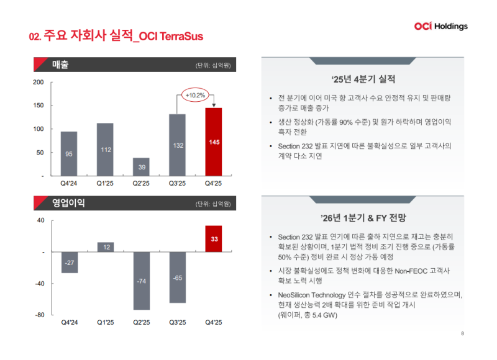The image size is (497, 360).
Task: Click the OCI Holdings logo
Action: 440,26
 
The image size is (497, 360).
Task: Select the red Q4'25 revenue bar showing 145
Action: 213,142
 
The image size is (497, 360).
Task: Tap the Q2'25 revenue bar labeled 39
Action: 141,167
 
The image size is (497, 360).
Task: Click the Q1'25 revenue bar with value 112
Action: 105,150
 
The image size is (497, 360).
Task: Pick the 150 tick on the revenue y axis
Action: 38,106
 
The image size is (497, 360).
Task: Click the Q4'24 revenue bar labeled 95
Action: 69,153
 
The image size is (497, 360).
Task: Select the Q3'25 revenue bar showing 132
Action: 177,145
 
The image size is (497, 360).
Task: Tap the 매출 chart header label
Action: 61,65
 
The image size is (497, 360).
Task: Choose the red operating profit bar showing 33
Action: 213,239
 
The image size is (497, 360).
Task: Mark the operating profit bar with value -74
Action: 141,281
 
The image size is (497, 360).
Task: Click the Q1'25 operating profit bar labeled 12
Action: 105,247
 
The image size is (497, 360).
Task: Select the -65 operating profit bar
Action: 177,277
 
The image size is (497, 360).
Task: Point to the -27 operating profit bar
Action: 69,263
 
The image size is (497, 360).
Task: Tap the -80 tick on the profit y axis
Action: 39,315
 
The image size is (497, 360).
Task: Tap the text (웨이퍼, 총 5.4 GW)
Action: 308,315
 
